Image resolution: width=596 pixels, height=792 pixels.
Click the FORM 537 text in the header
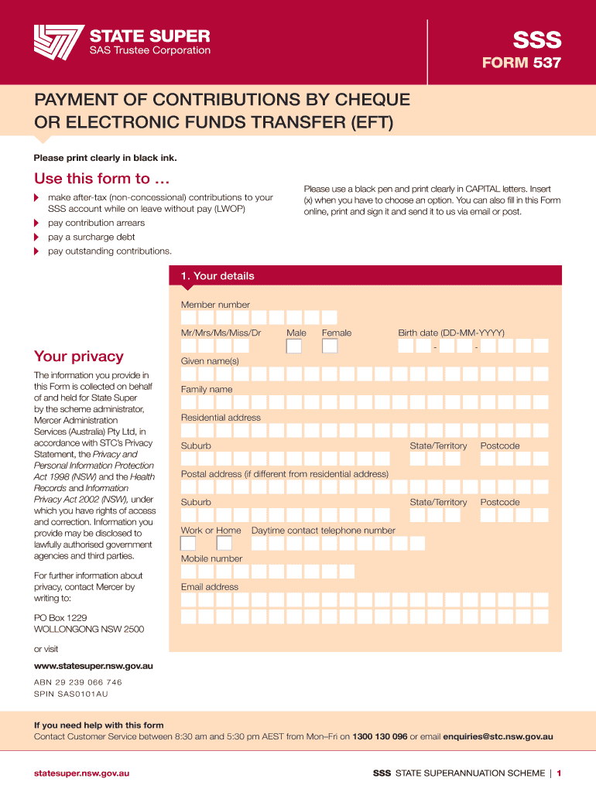521,63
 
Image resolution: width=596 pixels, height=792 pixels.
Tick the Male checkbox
294,346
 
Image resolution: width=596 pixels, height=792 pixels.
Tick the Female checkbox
330,346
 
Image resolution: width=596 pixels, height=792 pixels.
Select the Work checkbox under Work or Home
188,544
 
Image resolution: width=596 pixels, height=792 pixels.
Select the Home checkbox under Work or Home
224,544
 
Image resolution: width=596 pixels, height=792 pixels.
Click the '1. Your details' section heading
218,276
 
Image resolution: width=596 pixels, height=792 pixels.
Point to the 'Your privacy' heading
78,357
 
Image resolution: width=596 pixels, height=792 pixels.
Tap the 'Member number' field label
215,305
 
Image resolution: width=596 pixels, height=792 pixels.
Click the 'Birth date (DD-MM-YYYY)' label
451,333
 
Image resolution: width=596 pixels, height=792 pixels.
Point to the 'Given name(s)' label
210,361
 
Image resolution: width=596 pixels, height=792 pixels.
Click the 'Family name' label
207,389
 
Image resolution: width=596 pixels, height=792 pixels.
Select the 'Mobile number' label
211,558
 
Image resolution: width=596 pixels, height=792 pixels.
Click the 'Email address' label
210,587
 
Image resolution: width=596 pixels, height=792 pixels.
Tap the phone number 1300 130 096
379,737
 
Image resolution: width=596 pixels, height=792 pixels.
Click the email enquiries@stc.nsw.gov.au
498,737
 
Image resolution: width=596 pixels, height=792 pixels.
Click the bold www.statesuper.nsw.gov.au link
94,666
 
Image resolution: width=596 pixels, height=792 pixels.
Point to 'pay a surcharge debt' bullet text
91,237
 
